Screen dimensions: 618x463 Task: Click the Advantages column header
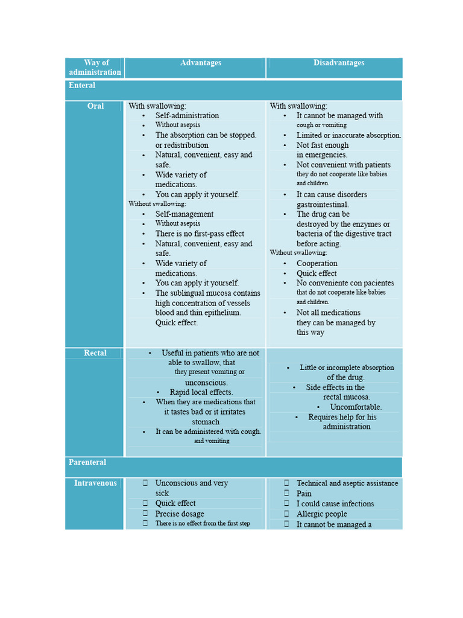(201, 63)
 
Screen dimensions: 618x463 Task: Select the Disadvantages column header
(339, 63)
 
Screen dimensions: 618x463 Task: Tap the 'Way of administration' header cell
(95, 68)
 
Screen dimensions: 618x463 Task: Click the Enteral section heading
(82, 86)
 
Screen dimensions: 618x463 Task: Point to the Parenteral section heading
(87, 462)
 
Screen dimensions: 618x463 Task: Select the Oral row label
(95, 106)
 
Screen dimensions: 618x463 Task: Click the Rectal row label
(95, 353)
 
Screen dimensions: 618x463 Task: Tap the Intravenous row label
(95, 483)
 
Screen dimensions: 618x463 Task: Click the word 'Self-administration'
(187, 116)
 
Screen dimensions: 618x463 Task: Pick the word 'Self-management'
(184, 214)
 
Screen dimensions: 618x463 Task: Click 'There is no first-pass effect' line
(200, 234)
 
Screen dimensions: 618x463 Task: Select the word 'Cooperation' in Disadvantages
(317, 264)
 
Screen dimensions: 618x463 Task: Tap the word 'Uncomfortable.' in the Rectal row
(356, 407)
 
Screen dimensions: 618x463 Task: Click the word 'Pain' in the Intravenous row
(304, 494)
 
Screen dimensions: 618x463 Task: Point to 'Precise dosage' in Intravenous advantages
(180, 514)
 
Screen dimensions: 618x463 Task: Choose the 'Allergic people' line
(322, 514)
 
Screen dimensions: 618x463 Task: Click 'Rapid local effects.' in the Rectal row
(201, 392)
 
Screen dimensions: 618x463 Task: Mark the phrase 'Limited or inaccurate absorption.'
(348, 136)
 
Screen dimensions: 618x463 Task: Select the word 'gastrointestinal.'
(323, 205)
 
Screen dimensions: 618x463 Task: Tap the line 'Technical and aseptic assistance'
(347, 483)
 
